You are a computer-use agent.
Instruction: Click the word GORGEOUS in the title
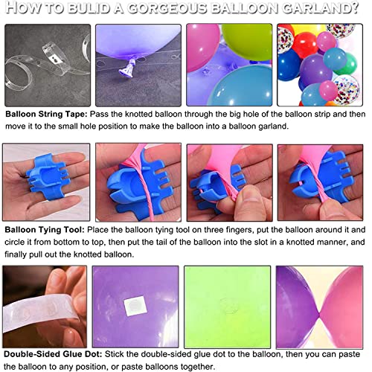167,7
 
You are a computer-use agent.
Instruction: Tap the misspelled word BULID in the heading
89,7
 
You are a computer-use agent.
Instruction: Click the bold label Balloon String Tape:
46,115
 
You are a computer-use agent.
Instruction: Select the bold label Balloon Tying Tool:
45,230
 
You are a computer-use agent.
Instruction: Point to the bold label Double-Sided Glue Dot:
53,354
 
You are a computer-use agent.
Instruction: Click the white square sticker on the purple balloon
135,306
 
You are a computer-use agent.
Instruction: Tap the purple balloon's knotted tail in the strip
129,67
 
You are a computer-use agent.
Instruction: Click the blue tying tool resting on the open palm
48,176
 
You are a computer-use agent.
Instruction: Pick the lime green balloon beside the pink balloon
247,42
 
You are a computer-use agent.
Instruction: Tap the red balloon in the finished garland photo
305,45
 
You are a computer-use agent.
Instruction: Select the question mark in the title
354,7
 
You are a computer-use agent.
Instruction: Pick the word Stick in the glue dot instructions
114,354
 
